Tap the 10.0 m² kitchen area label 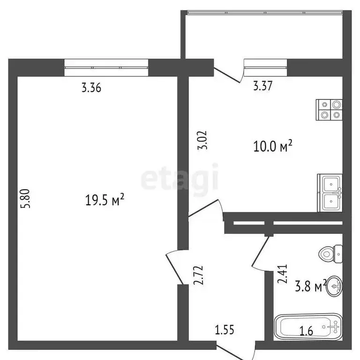(x=273, y=147)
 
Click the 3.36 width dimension (x=91, y=87)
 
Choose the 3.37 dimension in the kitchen (x=263, y=86)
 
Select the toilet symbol (x=330, y=255)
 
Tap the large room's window (x=106, y=67)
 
